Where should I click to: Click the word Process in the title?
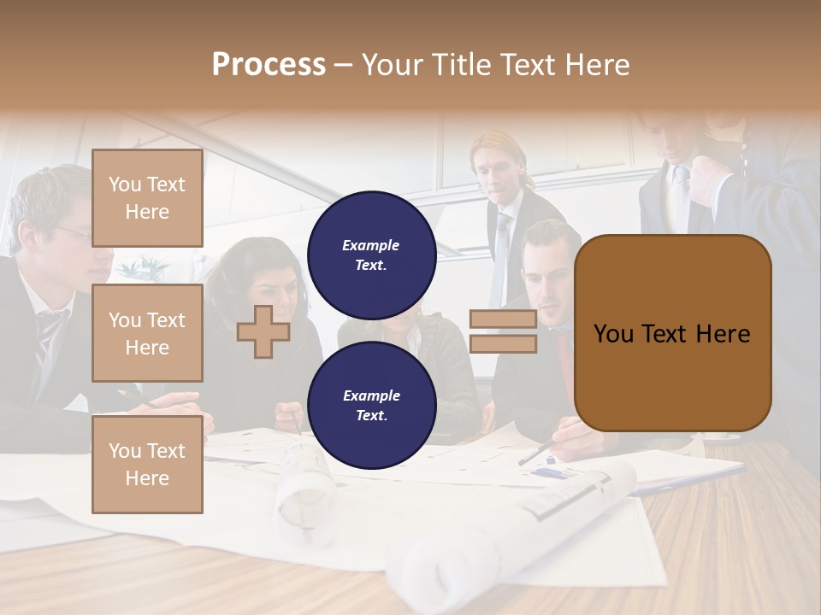(269, 65)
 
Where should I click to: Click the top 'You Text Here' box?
(147, 198)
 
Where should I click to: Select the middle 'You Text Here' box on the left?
(147, 333)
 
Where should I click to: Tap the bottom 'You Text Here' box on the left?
(147, 464)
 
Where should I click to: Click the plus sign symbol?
(263, 331)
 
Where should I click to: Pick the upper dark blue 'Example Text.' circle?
(371, 255)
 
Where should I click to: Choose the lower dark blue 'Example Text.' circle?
(371, 405)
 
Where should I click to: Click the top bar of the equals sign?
(503, 319)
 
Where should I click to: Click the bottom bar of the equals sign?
(503, 343)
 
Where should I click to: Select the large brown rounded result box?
(672, 333)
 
